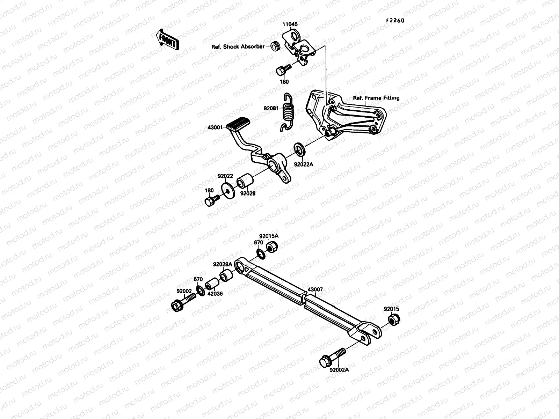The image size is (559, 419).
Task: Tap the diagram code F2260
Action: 395,21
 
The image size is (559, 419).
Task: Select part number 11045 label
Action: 290,24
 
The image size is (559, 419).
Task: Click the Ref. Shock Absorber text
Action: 238,46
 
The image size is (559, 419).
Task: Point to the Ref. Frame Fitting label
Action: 376,98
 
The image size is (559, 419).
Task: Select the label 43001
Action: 215,127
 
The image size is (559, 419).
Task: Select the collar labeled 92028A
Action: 225,276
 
